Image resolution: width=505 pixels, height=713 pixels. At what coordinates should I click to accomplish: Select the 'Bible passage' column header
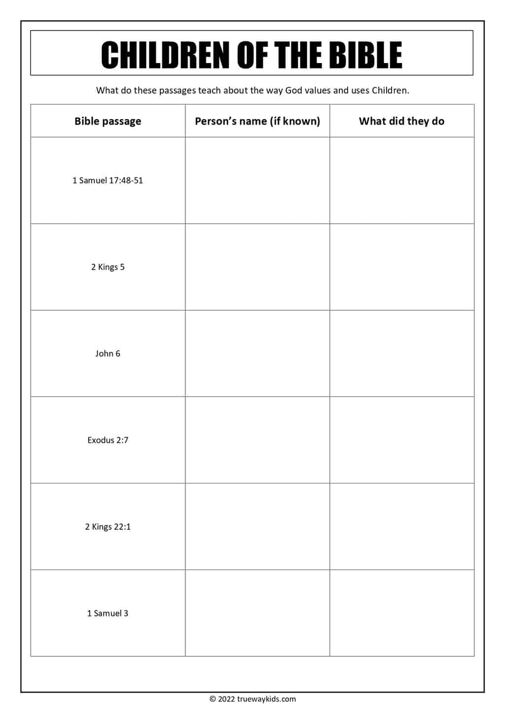tap(108, 121)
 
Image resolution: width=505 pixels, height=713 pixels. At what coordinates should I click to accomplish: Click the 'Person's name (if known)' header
tap(257, 121)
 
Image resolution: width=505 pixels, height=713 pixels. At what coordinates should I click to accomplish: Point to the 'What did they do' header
tap(401, 121)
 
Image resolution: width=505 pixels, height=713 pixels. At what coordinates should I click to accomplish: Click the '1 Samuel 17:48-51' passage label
tap(108, 180)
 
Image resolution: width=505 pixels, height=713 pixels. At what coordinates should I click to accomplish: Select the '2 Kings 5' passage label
tap(108, 267)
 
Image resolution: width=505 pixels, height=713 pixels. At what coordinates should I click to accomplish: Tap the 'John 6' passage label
tap(108, 353)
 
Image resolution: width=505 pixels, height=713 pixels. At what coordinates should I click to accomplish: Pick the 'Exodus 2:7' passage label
tap(108, 440)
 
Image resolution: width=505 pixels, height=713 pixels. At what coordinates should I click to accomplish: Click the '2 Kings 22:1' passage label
tap(108, 527)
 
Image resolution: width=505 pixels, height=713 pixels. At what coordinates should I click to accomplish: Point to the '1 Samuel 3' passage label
tap(108, 613)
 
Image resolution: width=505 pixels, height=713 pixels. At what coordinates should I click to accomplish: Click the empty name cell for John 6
tap(257, 353)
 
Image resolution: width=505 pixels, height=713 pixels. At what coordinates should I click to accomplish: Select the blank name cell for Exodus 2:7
tap(257, 440)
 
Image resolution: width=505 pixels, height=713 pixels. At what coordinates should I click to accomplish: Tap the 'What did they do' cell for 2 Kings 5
tap(401, 267)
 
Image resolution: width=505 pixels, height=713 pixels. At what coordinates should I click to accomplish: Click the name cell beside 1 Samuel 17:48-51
tap(257, 180)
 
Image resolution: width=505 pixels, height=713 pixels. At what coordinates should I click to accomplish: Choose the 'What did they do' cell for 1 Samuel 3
tap(401, 613)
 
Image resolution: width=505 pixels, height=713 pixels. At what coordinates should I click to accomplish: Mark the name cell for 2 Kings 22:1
tap(257, 527)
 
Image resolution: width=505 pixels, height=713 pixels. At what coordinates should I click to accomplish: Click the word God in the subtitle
tap(293, 91)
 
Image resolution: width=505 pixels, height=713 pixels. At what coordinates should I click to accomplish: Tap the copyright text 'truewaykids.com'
tap(266, 699)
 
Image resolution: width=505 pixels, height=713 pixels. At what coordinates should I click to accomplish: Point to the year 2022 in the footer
tap(226, 699)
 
